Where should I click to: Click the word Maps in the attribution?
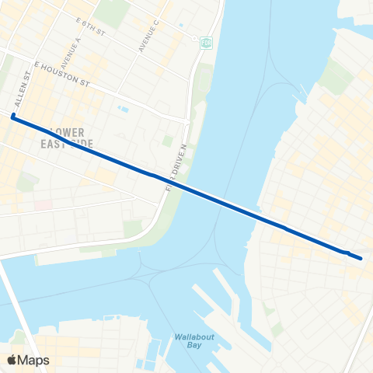tap(33, 360)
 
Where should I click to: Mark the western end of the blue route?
tap(13, 117)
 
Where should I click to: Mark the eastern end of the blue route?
tap(361, 256)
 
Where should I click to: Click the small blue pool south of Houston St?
tap(122, 109)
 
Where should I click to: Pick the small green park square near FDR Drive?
tap(167, 141)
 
